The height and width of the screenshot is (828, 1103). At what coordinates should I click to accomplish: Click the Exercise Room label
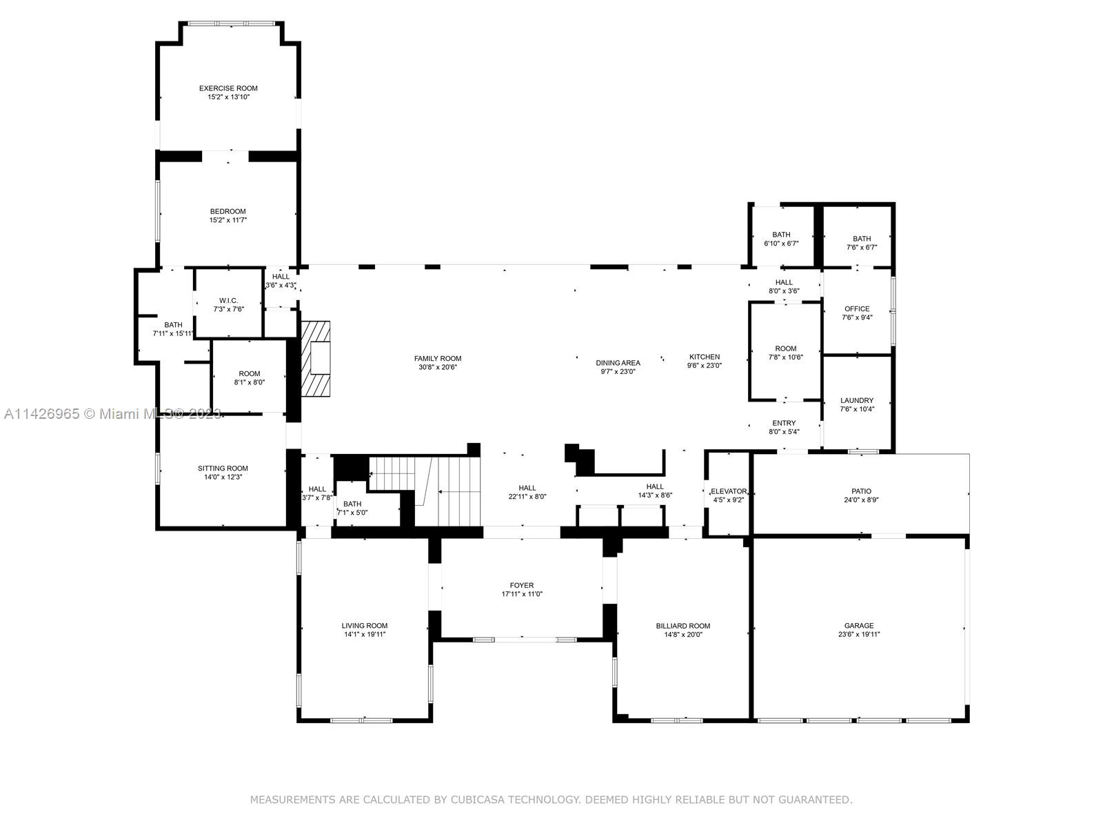click(228, 88)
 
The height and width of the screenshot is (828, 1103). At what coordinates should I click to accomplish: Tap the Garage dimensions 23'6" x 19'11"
click(859, 635)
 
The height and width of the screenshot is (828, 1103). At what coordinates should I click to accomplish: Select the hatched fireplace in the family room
click(316, 359)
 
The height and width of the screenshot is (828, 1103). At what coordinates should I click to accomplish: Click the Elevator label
click(728, 491)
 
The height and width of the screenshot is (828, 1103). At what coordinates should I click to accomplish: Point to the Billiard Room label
click(682, 626)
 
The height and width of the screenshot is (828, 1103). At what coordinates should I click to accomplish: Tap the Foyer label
click(522, 585)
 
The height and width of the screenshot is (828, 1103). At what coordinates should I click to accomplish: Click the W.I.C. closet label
click(228, 300)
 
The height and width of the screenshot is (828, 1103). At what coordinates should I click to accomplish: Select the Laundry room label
click(857, 400)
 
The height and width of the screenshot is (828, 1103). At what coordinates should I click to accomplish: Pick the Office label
click(857, 308)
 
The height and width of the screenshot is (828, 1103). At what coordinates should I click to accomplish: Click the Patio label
click(861, 491)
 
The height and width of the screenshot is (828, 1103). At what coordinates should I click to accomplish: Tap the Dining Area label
click(618, 362)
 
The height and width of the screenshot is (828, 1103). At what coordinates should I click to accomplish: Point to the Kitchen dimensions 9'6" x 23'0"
click(704, 366)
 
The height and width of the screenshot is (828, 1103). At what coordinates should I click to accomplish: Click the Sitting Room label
click(223, 469)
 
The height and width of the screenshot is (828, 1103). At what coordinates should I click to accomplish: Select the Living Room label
click(365, 626)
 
